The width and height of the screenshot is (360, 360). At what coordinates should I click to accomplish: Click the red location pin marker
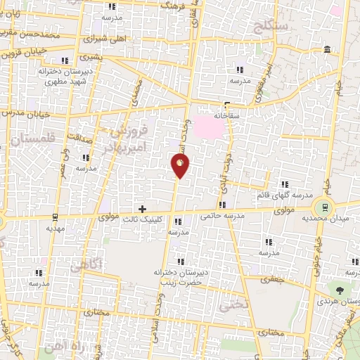pos(181,166)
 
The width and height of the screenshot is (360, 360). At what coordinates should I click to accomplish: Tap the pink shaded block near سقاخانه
pos(212,127)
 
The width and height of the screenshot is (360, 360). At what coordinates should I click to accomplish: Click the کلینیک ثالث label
pos(162,219)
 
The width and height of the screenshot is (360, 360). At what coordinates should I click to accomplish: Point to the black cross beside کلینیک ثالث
pos(143,209)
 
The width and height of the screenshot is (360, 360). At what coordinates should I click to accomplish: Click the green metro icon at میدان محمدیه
pos(324,206)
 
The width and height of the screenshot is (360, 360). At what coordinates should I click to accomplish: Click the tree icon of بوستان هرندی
pos(341,288)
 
